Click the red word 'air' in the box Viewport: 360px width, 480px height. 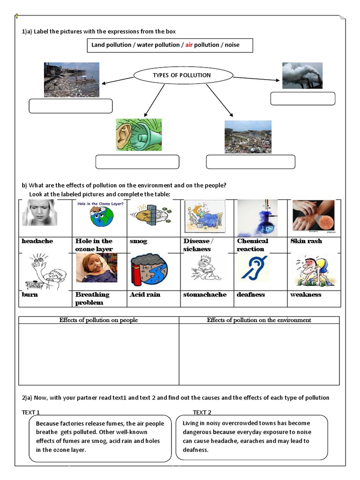pos(189,45)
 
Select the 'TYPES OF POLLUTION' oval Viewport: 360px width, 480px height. pos(183,75)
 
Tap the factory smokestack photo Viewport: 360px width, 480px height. pos(302,75)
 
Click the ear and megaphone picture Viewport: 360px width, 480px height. pos(139,135)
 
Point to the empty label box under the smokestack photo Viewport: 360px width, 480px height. pos(303,98)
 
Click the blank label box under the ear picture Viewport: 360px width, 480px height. pos(137,162)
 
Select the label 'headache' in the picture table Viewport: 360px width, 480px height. pos(37,241)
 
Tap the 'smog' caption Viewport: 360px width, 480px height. pos(138,241)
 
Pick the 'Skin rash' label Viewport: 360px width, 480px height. pos(306,241)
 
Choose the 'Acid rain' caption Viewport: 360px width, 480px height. pos(145,294)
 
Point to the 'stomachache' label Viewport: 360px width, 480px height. pos(204,294)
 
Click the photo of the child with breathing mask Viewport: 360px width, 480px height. pos(97,268)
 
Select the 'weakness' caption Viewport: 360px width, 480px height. pos(306,294)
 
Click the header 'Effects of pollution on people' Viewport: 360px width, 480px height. pos(98,320)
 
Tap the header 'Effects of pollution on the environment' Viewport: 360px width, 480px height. pos(259,320)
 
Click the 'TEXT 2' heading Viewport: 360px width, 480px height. pos(202,412)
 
